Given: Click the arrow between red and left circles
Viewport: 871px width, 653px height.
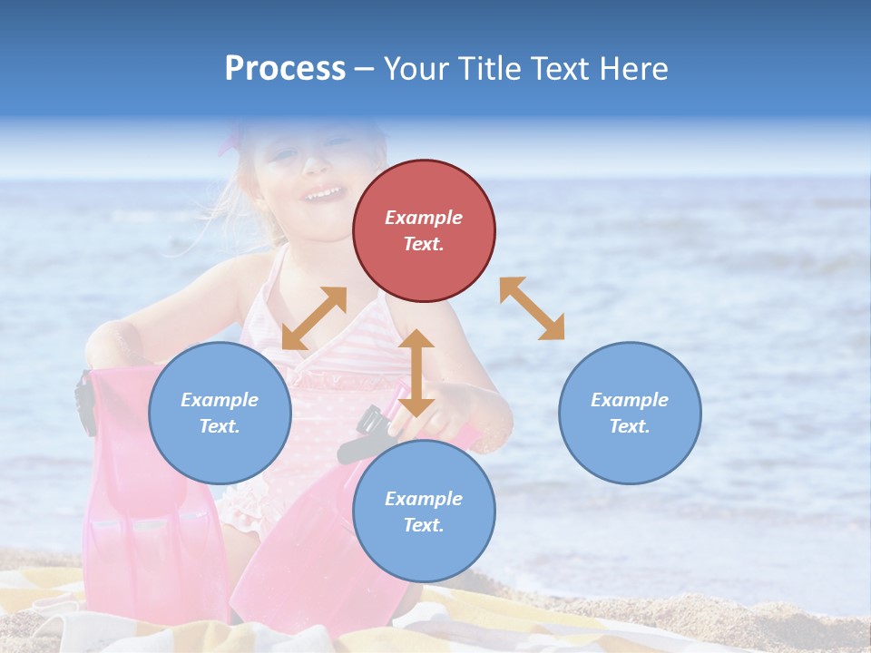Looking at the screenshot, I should click(314, 317).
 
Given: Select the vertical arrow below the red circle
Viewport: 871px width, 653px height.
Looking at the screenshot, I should click(416, 373).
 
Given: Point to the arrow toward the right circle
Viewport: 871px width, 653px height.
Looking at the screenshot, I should click(532, 308).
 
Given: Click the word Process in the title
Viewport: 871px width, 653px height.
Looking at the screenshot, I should click(285, 68).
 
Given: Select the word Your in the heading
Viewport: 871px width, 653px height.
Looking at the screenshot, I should click(415, 68).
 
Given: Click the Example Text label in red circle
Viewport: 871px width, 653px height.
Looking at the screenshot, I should click(424, 230).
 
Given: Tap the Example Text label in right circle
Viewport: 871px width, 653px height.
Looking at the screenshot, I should click(630, 413).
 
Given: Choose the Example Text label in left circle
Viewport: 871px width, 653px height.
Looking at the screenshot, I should click(220, 413).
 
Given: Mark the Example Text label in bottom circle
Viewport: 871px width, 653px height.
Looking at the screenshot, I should click(424, 512).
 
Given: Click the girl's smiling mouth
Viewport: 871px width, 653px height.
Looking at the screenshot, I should click(323, 193).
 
